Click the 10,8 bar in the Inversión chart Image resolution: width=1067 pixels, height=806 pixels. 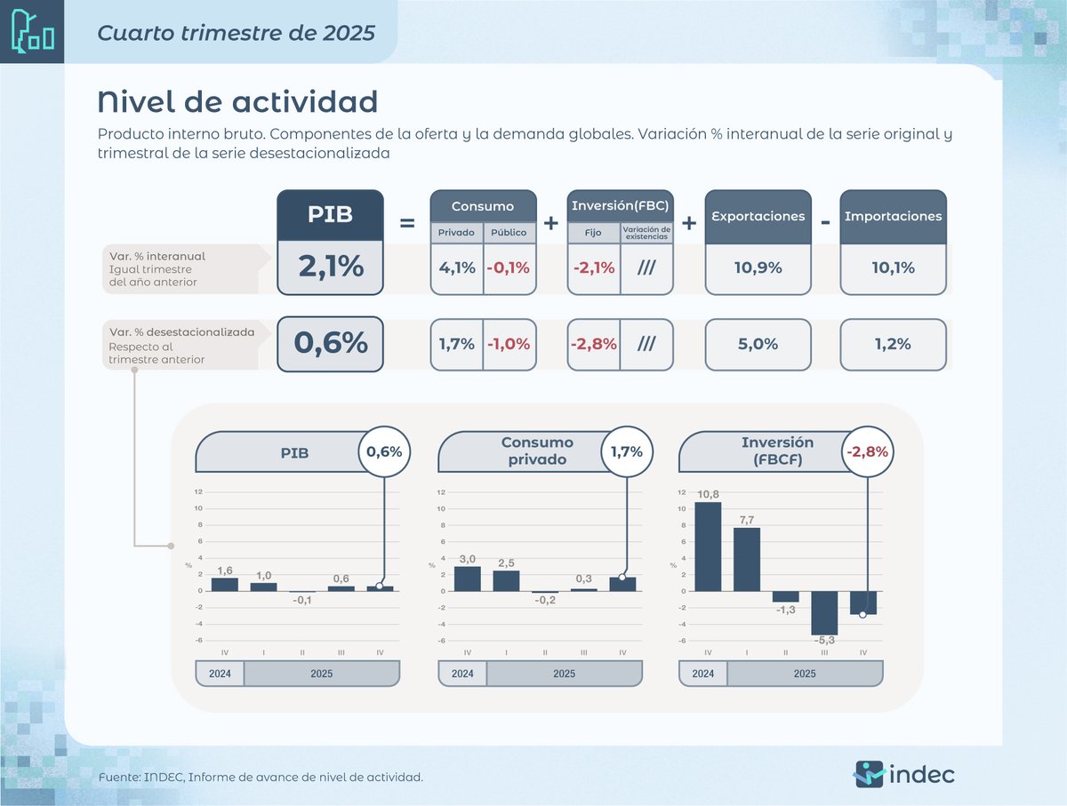coord(707,547)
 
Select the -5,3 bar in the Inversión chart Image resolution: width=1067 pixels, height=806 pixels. coord(823,612)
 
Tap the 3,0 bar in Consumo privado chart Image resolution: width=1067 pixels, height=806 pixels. coord(467,579)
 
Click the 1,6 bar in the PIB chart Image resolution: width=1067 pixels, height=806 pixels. coord(224,584)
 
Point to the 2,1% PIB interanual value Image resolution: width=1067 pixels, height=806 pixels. coord(330,267)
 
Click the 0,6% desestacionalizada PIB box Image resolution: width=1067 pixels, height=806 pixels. coord(330,344)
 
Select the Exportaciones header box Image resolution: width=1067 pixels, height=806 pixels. coord(758,216)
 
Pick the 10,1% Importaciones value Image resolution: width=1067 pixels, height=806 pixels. coord(893,267)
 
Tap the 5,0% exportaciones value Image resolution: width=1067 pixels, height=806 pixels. coord(758,344)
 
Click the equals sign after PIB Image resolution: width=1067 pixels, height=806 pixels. coord(407,223)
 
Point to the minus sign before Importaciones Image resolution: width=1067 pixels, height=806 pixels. coord(825,222)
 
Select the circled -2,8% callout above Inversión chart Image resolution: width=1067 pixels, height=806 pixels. coord(867,451)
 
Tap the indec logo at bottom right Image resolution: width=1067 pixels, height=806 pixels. coord(904,773)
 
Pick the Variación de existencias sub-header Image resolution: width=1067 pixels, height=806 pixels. coord(646,232)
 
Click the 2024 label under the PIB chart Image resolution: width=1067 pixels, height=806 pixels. coord(220,674)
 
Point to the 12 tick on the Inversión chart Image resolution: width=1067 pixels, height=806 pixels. coord(681,492)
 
